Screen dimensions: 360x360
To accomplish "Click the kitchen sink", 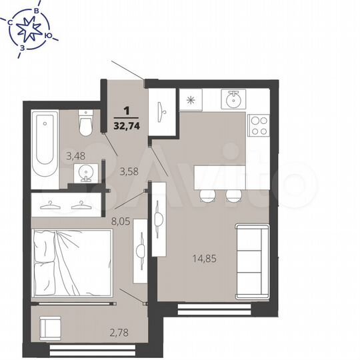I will [233, 101].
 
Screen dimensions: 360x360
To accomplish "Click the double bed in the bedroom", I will [71, 263].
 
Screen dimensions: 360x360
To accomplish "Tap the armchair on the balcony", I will [49, 329].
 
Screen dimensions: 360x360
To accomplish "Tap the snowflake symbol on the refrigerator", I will [191, 101].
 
